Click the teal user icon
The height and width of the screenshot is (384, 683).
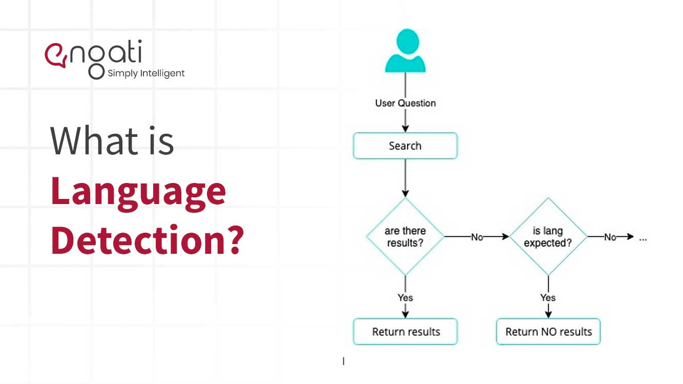point(405,51)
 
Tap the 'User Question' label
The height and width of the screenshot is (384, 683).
point(405,103)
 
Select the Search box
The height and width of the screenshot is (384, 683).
point(405,146)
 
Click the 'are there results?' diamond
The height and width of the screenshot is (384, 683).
point(405,237)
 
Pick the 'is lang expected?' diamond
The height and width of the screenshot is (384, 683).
point(548,237)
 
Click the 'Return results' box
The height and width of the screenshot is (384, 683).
point(405,332)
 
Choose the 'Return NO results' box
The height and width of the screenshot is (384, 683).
point(548,332)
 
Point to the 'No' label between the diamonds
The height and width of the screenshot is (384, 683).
point(477,237)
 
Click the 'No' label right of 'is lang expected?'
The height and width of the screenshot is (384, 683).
point(610,237)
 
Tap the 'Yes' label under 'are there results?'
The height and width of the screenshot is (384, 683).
point(405,297)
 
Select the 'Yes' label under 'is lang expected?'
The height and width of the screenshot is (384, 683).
point(548,297)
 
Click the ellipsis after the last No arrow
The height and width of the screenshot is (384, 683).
point(644,238)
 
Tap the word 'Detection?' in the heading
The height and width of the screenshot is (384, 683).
point(147,239)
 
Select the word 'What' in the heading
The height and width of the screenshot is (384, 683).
point(87,141)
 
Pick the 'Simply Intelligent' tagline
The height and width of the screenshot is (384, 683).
point(146,73)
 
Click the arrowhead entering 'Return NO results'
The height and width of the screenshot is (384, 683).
point(548,314)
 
